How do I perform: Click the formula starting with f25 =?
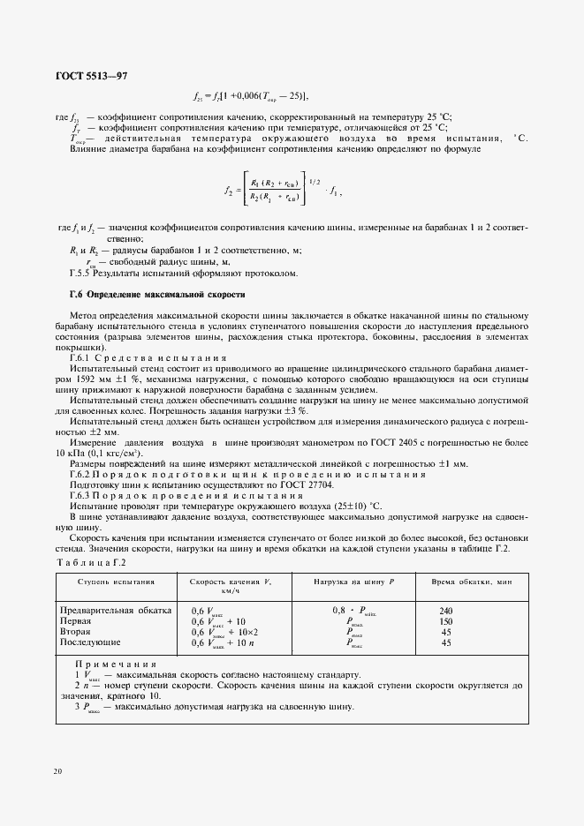click(250, 97)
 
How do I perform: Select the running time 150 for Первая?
click(445, 621)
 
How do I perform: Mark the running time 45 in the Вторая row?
click(445, 632)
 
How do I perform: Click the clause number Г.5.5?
click(82, 273)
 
